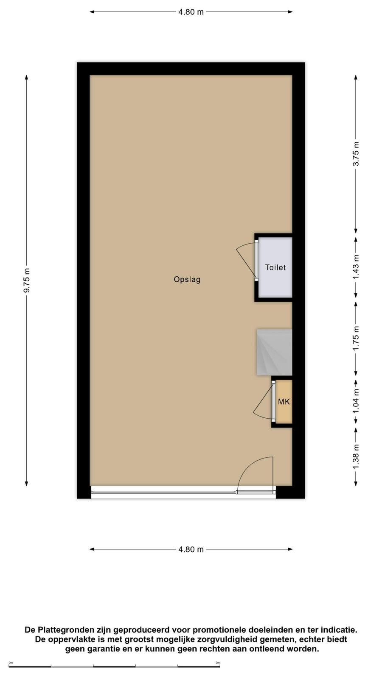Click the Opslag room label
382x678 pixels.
click(x=187, y=279)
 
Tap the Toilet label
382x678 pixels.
click(x=275, y=267)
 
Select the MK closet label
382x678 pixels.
click(x=284, y=402)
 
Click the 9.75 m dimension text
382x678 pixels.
click(x=27, y=281)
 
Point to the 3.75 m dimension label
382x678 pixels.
click(x=356, y=154)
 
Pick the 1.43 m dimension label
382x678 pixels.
click(x=356, y=267)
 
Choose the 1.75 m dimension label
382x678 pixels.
click(x=356, y=338)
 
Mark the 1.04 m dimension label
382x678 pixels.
click(x=356, y=401)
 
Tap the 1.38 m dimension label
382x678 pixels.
click(x=356, y=456)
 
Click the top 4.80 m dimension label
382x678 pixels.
click(x=191, y=12)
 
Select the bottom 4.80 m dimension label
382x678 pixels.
click(x=191, y=549)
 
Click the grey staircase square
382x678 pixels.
click(x=274, y=352)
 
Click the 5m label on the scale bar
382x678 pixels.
click(x=218, y=663)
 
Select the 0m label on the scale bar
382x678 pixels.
click(x=11, y=663)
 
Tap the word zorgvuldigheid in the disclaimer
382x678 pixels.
click(x=234, y=639)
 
